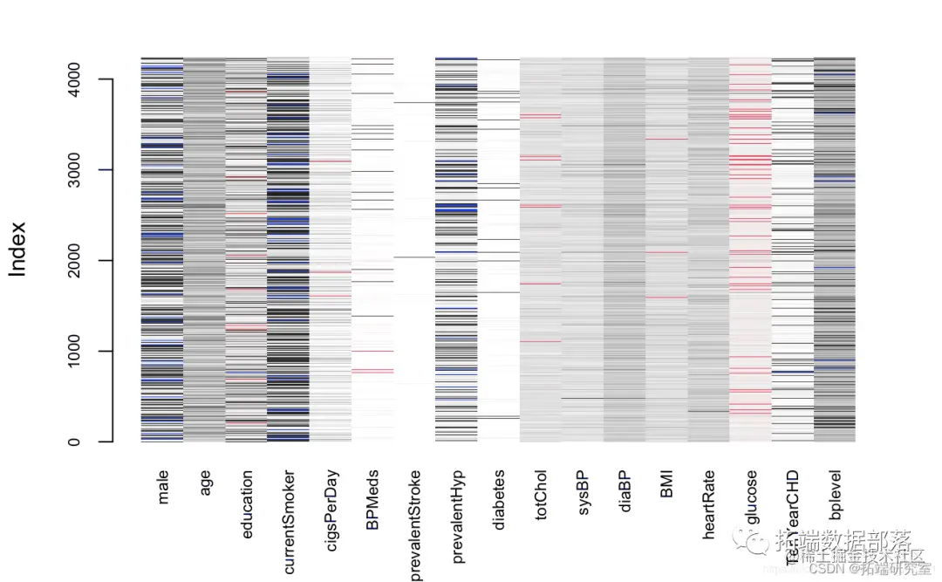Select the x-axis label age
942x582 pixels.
(206, 483)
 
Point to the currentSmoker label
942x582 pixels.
(290, 522)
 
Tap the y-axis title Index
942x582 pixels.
(18, 249)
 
